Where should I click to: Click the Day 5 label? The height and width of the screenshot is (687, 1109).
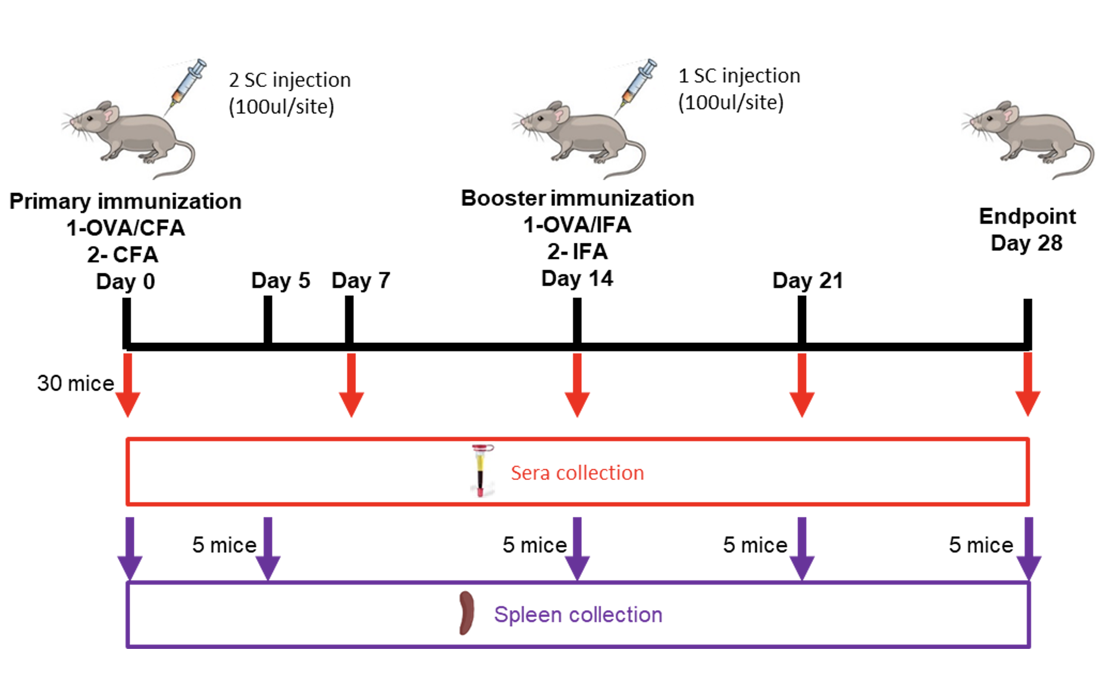280,280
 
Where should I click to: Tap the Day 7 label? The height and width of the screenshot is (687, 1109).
361,280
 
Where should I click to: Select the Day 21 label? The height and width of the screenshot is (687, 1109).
807,280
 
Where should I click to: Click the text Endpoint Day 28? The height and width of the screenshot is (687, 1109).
1027,230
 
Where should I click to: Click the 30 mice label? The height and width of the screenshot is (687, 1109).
76,383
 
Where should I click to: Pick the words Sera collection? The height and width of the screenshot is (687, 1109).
577,473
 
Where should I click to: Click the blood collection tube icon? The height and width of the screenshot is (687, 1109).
481,470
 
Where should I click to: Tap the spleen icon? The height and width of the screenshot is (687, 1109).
466,613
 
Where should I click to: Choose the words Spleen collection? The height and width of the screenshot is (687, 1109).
578,614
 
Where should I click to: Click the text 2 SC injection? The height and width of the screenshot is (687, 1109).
290,80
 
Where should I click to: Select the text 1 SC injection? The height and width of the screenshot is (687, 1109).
739,76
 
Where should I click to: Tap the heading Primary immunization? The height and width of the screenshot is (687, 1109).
126,201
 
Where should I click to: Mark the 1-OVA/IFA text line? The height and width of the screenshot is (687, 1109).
577,225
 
